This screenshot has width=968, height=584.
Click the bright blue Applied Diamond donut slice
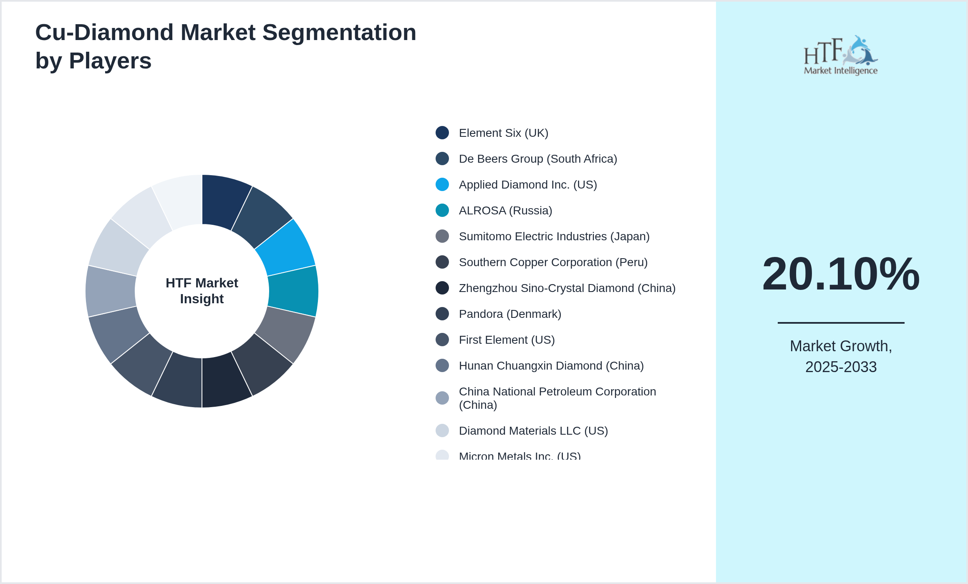pos(286,248)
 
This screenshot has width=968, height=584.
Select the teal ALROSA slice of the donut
pos(293,291)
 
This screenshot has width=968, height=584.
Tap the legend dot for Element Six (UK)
pos(442,133)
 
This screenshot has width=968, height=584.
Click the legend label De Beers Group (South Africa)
pos(537,159)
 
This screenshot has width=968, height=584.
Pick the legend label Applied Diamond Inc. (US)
pos(527,185)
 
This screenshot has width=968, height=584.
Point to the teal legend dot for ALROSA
pos(442,210)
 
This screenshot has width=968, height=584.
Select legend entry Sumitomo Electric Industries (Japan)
pos(554,237)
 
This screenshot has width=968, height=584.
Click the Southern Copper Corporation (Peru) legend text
pos(553,262)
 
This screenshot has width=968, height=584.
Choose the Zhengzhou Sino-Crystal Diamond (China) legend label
pos(567,288)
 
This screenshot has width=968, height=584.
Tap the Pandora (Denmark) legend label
pos(509,314)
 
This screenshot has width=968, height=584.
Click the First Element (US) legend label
pos(507,340)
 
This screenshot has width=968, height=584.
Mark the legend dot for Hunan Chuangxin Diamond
pos(442,365)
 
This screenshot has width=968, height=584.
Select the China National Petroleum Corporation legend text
pos(557,398)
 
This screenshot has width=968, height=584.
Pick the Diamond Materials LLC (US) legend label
pos(533,431)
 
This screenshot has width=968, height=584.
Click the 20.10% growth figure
pos(841,274)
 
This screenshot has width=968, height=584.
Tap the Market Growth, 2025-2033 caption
pos(841,357)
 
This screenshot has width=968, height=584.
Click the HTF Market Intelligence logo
pos(841,55)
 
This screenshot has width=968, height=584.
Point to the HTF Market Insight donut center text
pos(202,291)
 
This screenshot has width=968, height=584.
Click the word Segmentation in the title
pos(339,33)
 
